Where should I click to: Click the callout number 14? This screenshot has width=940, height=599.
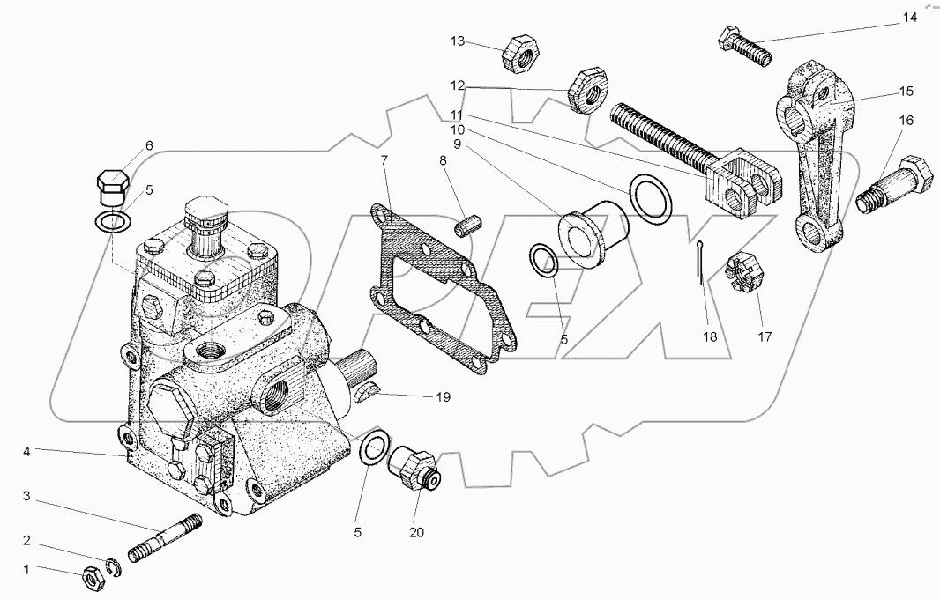point(909,17)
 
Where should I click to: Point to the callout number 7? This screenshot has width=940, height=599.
point(384,160)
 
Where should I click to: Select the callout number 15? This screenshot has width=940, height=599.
point(906,91)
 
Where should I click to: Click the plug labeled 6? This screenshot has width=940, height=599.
point(112,181)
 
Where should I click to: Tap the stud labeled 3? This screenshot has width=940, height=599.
point(166,539)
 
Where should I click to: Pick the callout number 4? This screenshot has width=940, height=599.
point(27,452)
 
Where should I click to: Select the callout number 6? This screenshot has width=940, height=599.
point(149,145)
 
